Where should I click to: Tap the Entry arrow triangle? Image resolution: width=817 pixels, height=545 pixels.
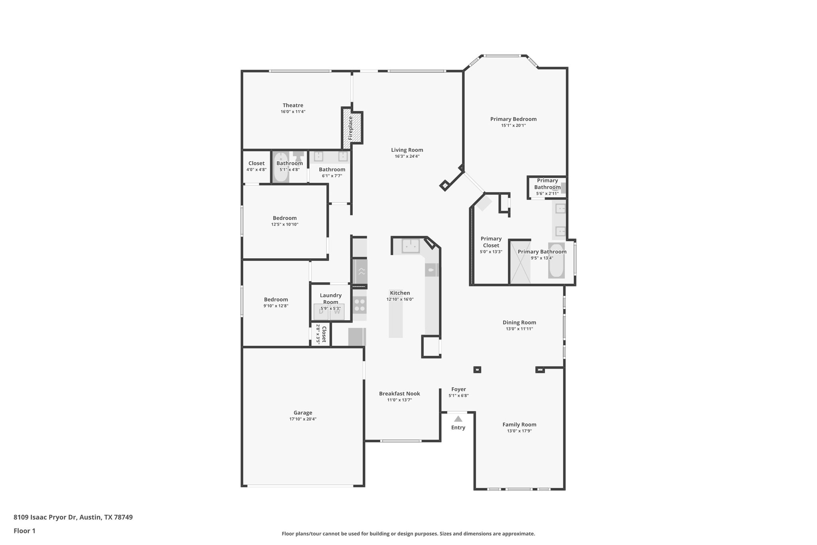pos(458,419)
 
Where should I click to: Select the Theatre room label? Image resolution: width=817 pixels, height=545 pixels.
pos(293,105)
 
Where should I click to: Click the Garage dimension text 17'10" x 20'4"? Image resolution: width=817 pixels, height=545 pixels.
pos(303,419)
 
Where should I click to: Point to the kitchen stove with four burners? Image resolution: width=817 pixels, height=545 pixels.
pos(360,305)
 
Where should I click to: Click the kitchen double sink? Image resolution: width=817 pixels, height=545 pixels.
pos(410,246)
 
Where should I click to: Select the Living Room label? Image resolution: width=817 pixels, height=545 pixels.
pos(407,150)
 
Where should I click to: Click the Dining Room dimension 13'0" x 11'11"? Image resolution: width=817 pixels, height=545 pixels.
pos(519,329)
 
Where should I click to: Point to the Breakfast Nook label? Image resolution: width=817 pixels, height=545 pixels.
pos(399,394)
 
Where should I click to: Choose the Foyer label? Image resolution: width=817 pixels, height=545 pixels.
pos(458,389)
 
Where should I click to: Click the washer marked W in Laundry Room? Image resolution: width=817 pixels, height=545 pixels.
pos(337,312)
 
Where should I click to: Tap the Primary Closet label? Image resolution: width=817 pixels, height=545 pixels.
pos(491,242)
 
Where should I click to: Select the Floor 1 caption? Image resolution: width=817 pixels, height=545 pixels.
pos(24,531)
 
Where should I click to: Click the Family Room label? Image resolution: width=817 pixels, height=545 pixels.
pos(519,425)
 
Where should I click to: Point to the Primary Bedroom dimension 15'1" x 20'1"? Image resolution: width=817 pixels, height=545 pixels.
pos(513,125)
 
